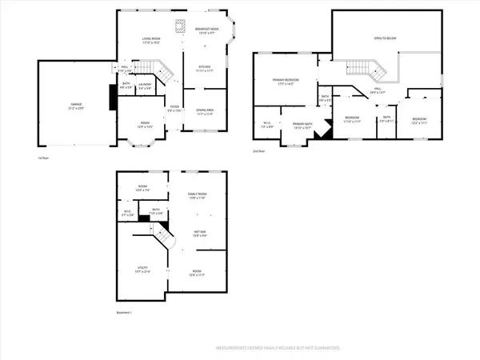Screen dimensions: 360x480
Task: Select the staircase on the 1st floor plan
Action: click(163, 74)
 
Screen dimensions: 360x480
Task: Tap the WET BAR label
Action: click(198, 232)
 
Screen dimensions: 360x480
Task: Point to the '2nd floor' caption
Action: click(258, 150)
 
